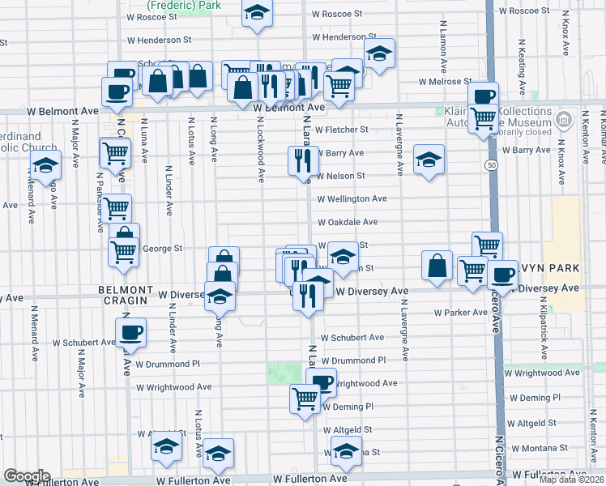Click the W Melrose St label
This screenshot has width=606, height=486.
[x=445, y=82]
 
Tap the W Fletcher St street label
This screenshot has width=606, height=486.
[x=342, y=130]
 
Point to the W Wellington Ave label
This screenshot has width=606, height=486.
[x=352, y=198]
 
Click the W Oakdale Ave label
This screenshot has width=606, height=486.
[x=348, y=222]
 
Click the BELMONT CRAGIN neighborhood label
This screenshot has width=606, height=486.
[x=126, y=290]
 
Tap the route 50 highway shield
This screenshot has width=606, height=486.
[x=491, y=165]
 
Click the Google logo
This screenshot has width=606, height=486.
[x=26, y=476]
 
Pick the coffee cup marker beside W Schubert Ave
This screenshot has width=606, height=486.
[x=131, y=330]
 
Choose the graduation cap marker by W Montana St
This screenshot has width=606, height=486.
[x=346, y=450]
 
